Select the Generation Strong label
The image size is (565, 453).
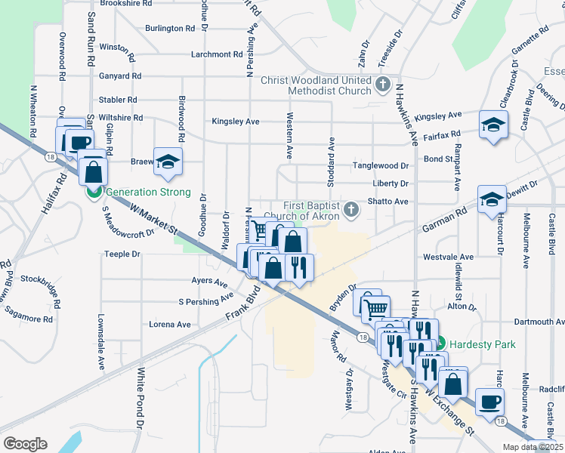click(147, 193)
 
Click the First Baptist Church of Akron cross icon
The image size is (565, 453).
click(350, 208)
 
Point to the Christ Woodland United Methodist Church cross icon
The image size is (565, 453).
click(383, 83)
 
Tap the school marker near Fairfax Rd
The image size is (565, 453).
click(493, 125)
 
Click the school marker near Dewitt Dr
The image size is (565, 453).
click(492, 200)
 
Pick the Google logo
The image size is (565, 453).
click(25, 443)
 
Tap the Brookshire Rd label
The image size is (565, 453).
click(125, 4)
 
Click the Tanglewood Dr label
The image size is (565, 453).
click(381, 166)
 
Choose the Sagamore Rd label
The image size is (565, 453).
click(27, 319)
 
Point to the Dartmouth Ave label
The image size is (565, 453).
click(539, 322)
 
